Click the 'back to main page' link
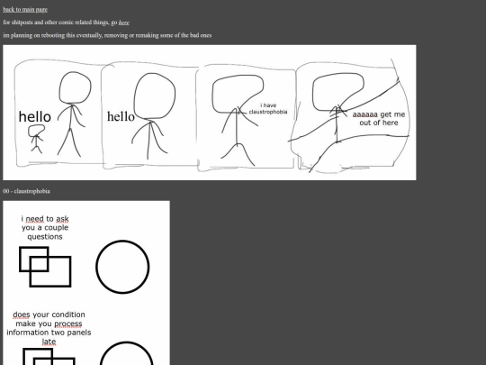[x=25, y=9]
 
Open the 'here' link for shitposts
[x=124, y=23]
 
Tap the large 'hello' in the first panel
[x=35, y=116]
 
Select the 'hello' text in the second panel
[x=121, y=116]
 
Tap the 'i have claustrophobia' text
[x=268, y=109]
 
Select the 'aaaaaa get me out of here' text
[x=379, y=119]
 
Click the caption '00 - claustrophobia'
[x=26, y=191]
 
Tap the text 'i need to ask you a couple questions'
[x=45, y=227]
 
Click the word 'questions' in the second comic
[x=45, y=237]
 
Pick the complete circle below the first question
[x=122, y=241]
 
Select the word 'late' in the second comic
[x=49, y=342]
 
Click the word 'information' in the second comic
[x=25, y=333]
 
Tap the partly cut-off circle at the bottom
[x=127, y=343]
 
